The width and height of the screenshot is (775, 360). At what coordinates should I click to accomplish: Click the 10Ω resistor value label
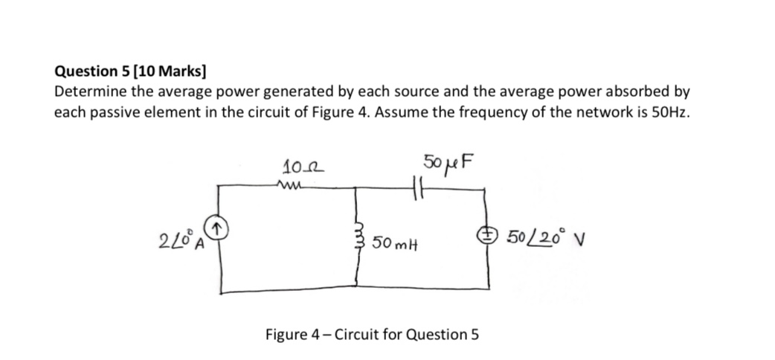pos(296,168)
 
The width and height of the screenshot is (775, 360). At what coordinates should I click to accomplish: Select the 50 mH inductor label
pos(394,243)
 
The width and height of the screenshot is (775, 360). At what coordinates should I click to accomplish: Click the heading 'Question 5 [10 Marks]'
pos(132,73)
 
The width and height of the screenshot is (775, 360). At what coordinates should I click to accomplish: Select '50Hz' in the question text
pos(672,112)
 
